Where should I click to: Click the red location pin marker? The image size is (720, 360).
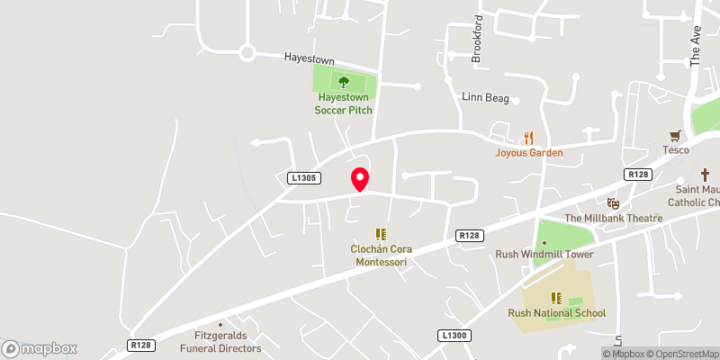[x=360, y=179]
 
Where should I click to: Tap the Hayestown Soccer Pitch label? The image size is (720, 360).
[x=343, y=103]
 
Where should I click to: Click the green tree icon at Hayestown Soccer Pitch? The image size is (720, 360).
[x=343, y=81]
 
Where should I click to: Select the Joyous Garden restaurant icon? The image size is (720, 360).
[x=529, y=138]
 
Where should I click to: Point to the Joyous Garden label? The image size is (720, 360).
[x=529, y=153]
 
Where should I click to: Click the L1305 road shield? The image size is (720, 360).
[x=304, y=179]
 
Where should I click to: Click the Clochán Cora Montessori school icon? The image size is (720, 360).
[x=380, y=233]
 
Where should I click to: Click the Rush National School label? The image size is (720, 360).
[x=556, y=313]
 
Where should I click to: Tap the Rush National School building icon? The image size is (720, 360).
[x=556, y=297]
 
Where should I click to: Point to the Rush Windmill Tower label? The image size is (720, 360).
[x=544, y=254]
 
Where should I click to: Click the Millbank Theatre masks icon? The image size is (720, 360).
[x=614, y=203]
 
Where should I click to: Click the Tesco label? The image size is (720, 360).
[x=676, y=149]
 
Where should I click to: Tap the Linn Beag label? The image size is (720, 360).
[x=485, y=98]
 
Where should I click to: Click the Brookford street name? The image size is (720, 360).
[x=478, y=41]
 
